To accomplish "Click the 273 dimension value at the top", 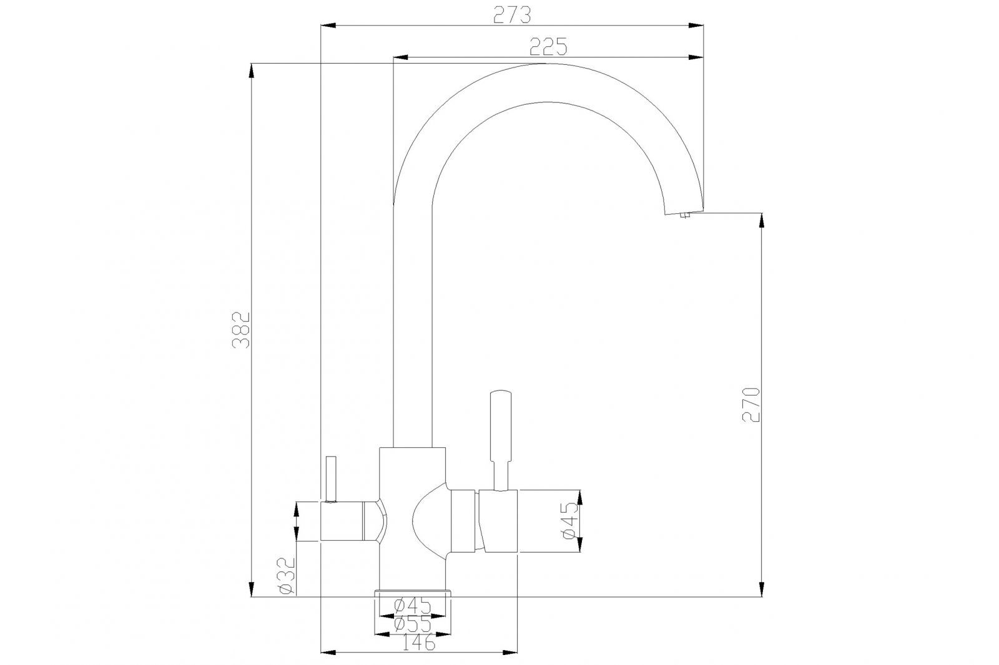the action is click(512, 16).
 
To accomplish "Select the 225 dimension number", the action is click(548, 47).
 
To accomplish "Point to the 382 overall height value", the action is click(241, 330).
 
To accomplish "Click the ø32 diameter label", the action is click(286, 575).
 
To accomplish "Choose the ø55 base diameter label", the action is click(413, 624).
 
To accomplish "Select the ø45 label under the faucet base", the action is click(413, 606).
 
